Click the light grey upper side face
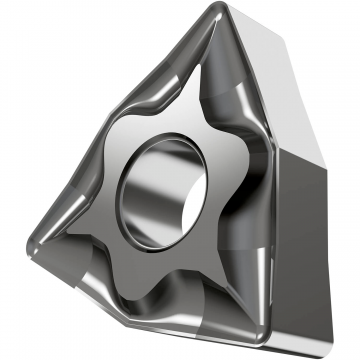(300, 80)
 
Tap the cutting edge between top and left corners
(120, 100)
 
